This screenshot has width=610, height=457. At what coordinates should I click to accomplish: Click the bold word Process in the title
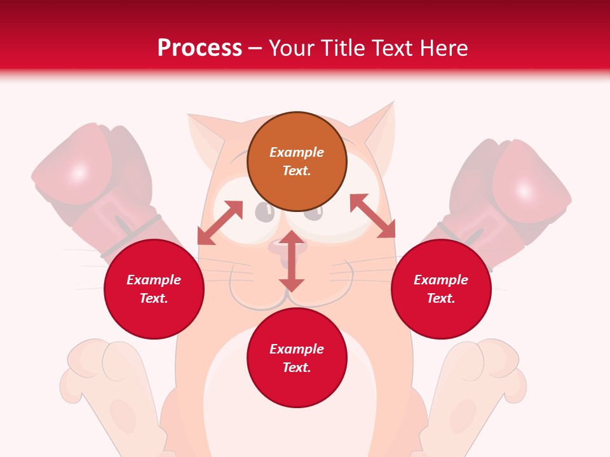200,48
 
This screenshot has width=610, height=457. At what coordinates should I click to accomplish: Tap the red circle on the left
154,289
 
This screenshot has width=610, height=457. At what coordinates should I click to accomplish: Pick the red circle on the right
441,289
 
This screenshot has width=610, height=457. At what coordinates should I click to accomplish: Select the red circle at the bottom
297,358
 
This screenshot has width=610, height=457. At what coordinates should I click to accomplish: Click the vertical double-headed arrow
292,261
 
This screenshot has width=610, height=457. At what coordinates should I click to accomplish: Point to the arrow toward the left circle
220,223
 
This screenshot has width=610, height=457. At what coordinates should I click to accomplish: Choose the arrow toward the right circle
372,216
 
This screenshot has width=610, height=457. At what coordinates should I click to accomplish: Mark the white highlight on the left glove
79,173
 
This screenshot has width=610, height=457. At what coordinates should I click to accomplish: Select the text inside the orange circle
297,161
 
